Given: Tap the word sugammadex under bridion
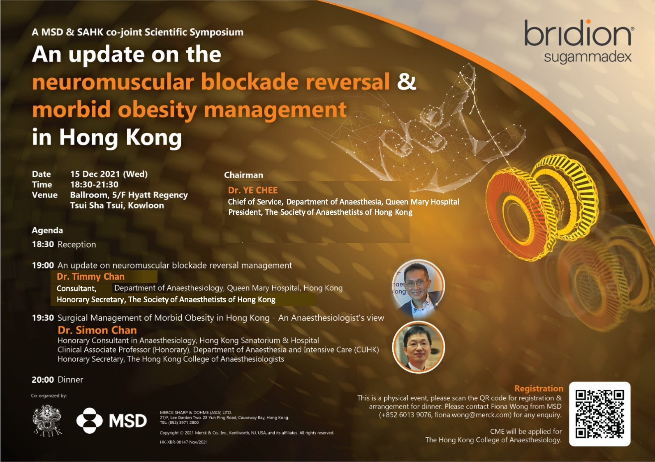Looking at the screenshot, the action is pos(588,57).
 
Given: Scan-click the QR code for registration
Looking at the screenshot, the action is pos(600,414).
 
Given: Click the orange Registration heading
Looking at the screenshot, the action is pos(539,388).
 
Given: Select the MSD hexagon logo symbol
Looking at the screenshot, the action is pos(90,421).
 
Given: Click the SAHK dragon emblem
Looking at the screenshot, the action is pos(47,420).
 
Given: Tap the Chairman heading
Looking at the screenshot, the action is pos(243,175).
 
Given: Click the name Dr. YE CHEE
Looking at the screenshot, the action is pos(252,191).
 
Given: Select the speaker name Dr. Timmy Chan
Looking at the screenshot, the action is pos(90,276).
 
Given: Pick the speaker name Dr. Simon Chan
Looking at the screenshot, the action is pos(97,330).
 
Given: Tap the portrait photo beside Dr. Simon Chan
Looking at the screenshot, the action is pos(419,347).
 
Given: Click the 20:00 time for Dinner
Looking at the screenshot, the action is pos(43,379).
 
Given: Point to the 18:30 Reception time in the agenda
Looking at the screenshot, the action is pos(43,244).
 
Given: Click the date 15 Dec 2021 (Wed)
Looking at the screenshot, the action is pos(109,174).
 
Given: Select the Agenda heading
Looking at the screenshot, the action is pos(47,230).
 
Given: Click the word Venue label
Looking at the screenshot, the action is pos(44,195).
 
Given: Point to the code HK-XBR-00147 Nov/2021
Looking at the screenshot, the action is pos(184,442).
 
